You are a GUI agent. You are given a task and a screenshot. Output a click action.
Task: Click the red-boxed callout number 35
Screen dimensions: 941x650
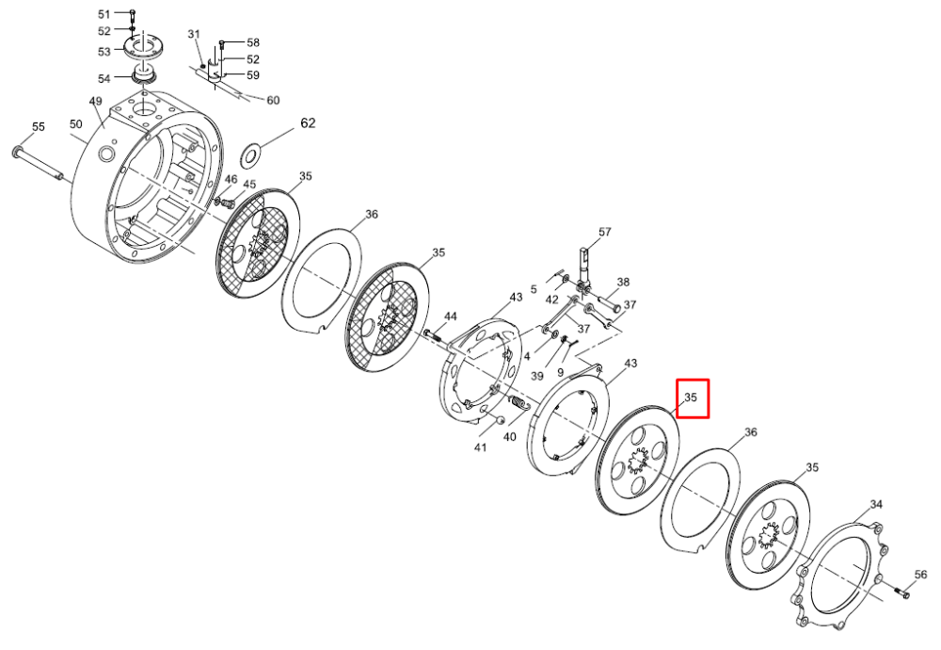point(691,398)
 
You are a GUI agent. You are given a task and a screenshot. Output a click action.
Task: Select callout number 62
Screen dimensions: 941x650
point(308,123)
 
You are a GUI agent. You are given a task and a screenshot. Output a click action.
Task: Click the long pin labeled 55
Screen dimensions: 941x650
point(39,162)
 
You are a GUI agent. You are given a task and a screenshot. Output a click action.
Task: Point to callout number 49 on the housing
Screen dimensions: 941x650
point(95,102)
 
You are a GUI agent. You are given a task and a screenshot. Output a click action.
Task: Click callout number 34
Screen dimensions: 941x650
point(877,505)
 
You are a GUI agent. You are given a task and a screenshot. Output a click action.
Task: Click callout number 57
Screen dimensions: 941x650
point(604,232)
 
